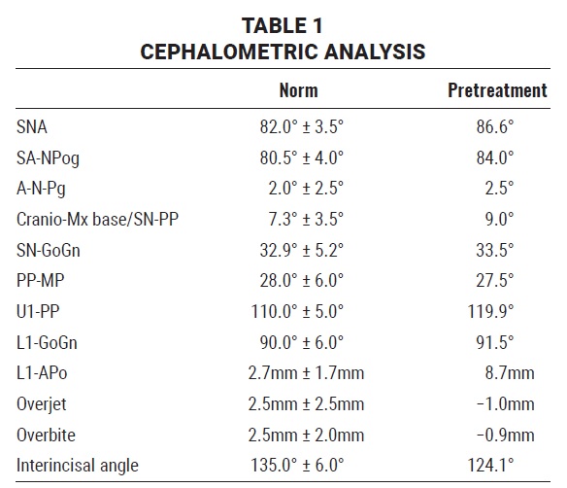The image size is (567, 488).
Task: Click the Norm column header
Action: point(299,90)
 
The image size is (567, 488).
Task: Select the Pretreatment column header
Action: point(497,90)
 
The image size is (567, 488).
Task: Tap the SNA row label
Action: point(32,127)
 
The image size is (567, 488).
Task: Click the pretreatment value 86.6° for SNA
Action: point(495,127)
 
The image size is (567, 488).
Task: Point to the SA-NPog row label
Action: point(48,158)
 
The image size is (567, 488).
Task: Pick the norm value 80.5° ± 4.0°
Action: point(302,157)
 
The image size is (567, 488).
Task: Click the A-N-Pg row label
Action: point(41,189)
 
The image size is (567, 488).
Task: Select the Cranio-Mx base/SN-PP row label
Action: point(98,220)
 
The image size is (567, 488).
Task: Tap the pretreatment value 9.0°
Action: point(499,220)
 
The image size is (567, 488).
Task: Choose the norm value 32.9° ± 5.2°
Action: point(302,250)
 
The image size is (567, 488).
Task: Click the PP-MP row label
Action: point(41,281)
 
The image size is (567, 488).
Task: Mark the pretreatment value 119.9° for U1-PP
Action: point(490,312)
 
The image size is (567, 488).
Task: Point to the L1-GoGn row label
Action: point(47,343)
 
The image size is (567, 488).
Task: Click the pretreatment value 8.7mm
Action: point(510,373)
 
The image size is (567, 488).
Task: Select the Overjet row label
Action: point(42,404)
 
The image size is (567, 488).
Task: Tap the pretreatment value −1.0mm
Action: point(506,404)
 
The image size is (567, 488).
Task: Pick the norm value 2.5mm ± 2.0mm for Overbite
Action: point(306,435)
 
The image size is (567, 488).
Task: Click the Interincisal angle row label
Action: point(78,466)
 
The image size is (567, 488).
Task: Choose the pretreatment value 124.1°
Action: point(490,466)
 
